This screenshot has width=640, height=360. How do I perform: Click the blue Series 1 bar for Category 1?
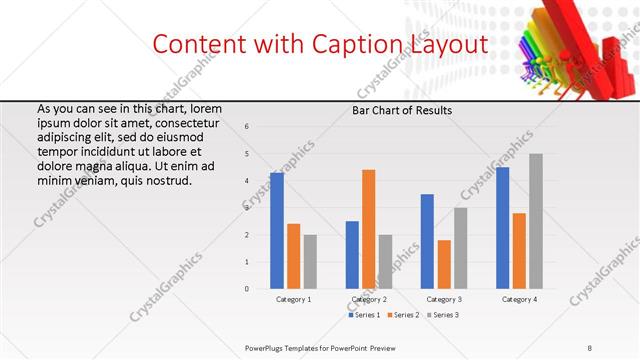277,231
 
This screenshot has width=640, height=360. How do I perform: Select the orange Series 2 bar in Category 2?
368,229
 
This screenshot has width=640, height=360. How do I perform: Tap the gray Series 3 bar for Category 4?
535,221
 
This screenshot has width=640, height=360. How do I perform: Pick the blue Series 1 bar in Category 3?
427,241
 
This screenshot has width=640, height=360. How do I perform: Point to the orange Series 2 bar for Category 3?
444,264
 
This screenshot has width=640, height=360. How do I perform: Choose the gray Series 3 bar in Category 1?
310,262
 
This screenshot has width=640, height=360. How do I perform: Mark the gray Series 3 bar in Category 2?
385,262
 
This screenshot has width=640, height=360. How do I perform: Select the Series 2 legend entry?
402,315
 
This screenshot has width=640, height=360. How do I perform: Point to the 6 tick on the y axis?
247,126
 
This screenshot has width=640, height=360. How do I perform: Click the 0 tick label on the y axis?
247,289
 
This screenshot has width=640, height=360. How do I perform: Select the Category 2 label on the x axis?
369,299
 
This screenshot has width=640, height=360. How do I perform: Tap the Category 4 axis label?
519,299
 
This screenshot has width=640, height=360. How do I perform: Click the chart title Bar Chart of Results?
402,110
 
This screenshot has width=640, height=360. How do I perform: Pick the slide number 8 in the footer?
590,347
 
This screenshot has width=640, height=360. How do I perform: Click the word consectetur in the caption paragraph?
187,123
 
